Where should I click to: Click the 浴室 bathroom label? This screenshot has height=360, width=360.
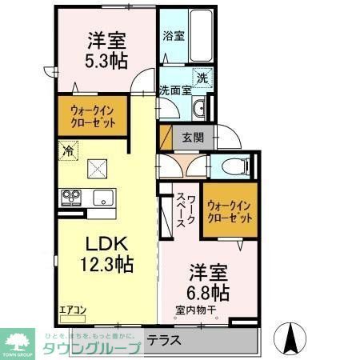coord(174,36)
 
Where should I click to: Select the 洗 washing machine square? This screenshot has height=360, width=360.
coord(203,78)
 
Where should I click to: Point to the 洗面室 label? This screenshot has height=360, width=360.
coord(174,90)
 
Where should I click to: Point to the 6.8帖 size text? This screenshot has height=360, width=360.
coord(210,291)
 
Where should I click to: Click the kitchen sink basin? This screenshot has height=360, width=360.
coord(104,197)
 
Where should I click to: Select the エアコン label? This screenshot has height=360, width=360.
coord(71,307)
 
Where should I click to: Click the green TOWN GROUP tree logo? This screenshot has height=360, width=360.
coord(17,338)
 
